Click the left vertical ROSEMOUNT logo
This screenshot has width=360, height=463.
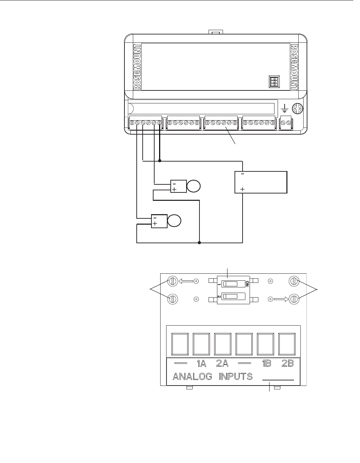tap(137, 67)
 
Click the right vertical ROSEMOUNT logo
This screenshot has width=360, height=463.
tap(294, 67)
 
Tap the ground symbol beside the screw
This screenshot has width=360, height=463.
tap(284, 108)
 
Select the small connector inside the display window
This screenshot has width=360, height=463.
tap(274, 81)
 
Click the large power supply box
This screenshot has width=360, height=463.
tap(261, 182)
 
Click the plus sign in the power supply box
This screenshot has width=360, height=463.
tap(242, 189)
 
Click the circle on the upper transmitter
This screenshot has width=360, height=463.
tap(193, 186)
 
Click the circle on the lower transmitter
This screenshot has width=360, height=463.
tap(174, 221)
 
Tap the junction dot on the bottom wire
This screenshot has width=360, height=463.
tap(199, 243)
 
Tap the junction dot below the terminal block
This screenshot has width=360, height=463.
tap(159, 161)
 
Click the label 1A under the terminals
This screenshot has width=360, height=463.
tap(202, 364)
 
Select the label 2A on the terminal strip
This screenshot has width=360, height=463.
tap(222, 364)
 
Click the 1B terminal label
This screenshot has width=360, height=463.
tap(266, 364)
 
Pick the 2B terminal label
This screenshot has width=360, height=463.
tap(287, 364)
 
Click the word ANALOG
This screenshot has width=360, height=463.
tap(192, 377)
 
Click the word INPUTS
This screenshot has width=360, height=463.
tap(236, 377)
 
